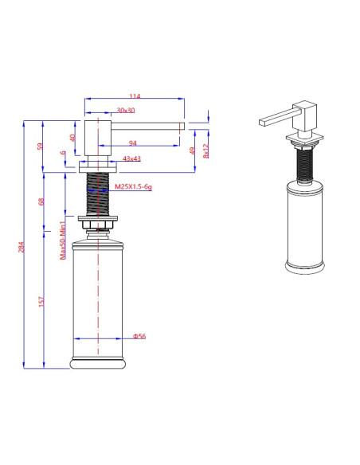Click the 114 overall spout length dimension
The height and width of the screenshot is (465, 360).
[x=135, y=96]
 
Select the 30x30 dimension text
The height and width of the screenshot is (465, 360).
[x=125, y=110]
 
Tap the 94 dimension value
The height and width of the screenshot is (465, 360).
[x=132, y=143]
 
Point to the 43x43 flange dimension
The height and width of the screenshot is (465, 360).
[x=131, y=159]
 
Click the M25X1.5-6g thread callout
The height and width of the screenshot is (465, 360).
[x=132, y=186]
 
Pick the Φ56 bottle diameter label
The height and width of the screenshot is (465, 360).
[x=139, y=336]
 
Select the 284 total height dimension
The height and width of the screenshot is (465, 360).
[x=22, y=247]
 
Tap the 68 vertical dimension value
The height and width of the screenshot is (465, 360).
[x=41, y=201]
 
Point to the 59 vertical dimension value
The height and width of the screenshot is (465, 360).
[x=41, y=147]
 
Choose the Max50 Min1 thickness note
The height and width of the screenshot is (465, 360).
[x=63, y=240]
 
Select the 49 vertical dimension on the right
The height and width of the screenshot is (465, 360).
[x=192, y=150]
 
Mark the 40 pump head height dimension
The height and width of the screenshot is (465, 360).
[x=72, y=137]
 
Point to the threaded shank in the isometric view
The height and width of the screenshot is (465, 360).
[x=303, y=165]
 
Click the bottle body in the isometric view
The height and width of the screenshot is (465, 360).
[x=304, y=227]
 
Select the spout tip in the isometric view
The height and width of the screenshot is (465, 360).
[x=264, y=122]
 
